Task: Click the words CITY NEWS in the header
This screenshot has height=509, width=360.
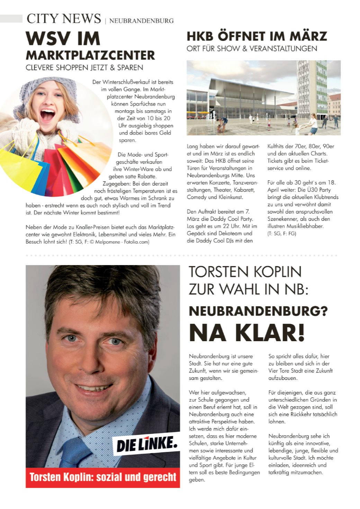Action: point(64,19)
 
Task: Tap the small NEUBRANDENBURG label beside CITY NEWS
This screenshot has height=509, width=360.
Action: point(141,21)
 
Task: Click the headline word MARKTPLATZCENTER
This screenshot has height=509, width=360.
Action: point(90,55)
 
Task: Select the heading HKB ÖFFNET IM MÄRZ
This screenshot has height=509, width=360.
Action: point(256,36)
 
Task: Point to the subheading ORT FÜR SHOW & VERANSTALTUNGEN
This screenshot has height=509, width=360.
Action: point(252,48)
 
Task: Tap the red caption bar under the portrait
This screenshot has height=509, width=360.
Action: point(103,478)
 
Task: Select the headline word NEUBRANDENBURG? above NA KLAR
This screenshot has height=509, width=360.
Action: point(258,311)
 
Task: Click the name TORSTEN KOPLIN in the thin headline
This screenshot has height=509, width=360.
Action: point(245,272)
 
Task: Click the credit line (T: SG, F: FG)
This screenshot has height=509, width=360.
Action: point(281,234)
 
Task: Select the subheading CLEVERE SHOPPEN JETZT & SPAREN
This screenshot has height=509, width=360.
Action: point(84,67)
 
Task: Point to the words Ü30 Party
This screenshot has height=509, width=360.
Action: point(316,190)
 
